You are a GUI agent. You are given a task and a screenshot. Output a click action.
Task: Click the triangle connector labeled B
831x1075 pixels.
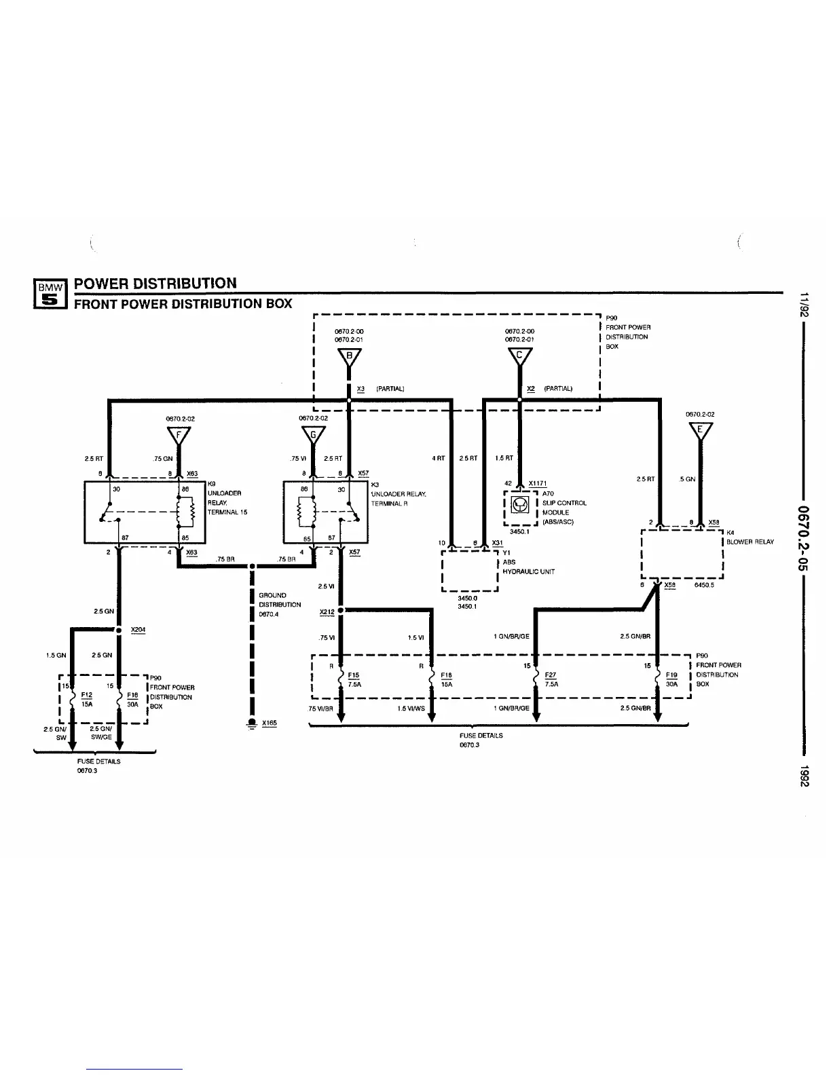tap(349, 356)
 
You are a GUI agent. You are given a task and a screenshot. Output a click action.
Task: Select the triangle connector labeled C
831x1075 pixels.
tap(519, 356)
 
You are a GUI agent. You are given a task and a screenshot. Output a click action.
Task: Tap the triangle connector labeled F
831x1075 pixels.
tap(179, 434)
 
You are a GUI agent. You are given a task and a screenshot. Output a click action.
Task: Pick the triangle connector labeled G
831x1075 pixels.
tap(313, 434)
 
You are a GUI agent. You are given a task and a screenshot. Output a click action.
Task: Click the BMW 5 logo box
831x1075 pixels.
tap(50, 294)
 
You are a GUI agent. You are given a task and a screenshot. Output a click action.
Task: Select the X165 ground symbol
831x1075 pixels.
tap(252, 723)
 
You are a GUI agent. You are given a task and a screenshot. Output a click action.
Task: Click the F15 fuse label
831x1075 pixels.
tap(353, 675)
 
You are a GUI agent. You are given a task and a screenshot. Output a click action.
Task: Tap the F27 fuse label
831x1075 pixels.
tap(550, 675)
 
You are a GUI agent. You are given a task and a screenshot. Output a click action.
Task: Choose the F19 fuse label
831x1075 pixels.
tap(671, 675)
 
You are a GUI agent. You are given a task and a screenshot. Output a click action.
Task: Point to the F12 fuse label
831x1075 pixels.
tap(86, 695)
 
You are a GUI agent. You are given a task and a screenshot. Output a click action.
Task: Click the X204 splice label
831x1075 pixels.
tap(138, 630)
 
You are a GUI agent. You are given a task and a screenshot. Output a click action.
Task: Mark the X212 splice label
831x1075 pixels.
tap(327, 611)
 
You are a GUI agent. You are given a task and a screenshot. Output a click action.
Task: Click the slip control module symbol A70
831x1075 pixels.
tap(520, 505)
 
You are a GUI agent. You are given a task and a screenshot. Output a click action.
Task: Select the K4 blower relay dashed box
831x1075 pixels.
tap(682, 552)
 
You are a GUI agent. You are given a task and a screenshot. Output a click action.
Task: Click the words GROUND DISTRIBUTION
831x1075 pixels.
tap(280, 600)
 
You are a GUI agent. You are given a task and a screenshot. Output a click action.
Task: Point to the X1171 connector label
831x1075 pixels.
tap(538, 483)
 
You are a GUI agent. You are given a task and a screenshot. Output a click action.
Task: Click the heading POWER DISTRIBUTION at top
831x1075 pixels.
tap(155, 283)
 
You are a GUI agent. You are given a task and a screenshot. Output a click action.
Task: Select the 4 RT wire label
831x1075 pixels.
tap(438, 458)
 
